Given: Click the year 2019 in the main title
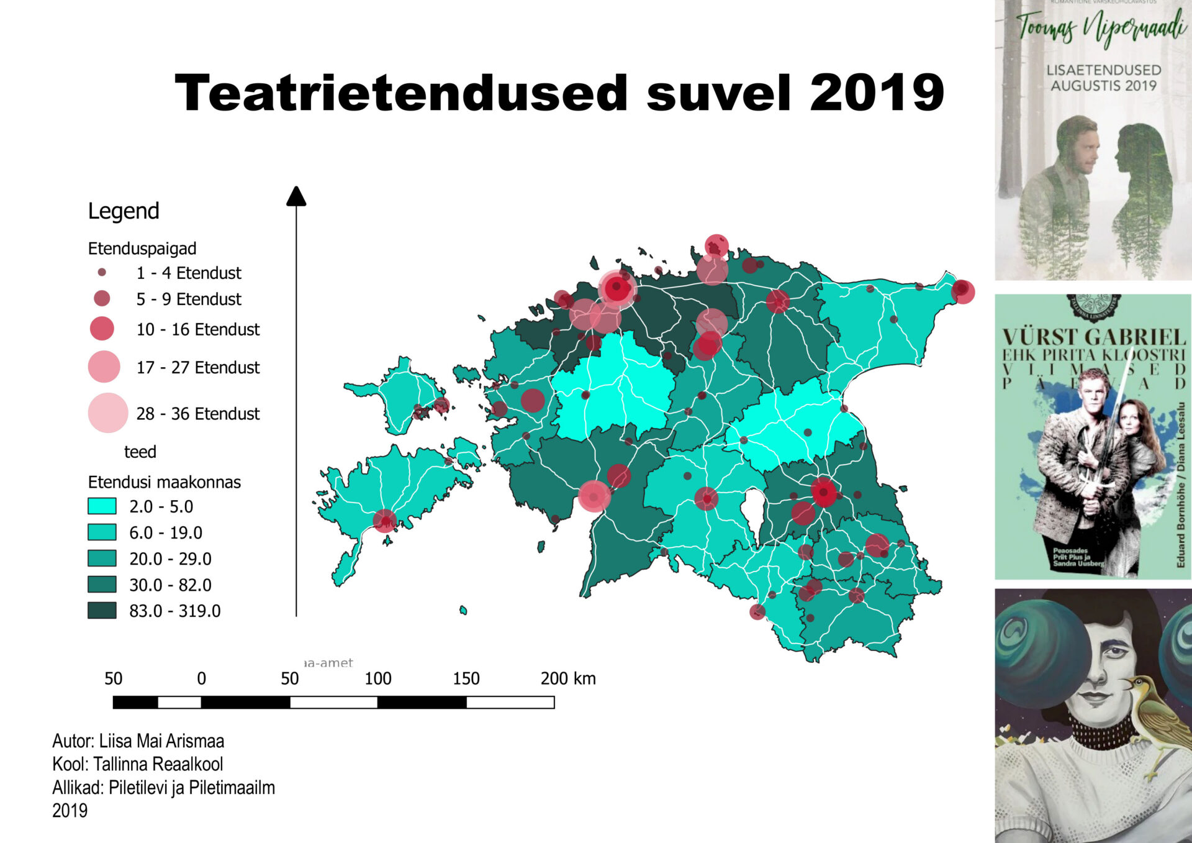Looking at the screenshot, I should pos(877,93).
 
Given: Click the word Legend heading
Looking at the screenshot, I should pos(124,211).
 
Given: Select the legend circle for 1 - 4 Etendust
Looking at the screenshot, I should pos(102,272).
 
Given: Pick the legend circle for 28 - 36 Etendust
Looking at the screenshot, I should pos(108,412).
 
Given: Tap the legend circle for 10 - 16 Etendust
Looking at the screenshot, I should pos(102,328).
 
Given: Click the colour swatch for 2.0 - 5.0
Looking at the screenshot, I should pos(102,506).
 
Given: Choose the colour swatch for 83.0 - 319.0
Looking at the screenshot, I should pos(102,610).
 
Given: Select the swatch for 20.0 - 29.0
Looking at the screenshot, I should pos(102,558).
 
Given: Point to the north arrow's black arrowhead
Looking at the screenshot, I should pos(296,196).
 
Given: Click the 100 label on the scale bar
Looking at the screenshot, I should pos(377,678).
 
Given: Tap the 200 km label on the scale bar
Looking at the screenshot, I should pos(567,678).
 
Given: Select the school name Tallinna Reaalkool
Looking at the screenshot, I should pos(158,764).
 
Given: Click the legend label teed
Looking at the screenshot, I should pos(140,452).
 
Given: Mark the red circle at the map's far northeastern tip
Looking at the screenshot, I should pos(962,291).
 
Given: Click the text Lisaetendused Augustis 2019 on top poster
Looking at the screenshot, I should pos(1103,78).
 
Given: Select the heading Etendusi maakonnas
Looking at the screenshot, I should pos(164,482).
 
